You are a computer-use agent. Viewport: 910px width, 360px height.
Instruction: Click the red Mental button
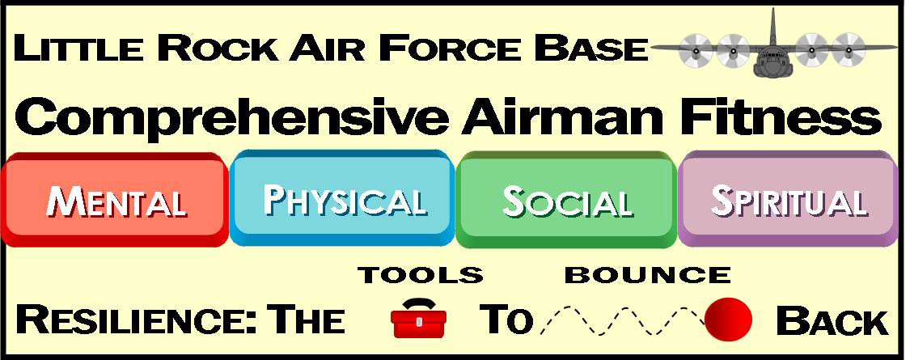click(114, 199)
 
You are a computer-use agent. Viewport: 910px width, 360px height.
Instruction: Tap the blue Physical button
click(342, 197)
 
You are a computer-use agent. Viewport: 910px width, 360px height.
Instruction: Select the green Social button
click(567, 199)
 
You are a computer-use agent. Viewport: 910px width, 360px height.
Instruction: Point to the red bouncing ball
click(728, 319)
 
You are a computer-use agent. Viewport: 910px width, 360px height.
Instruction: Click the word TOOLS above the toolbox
click(421, 275)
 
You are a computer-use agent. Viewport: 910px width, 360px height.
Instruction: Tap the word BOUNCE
click(648, 275)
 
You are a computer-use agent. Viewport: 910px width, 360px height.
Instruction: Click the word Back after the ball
click(832, 320)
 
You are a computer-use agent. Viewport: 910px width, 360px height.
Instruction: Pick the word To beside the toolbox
click(506, 320)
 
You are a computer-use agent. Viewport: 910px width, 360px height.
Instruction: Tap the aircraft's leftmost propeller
click(695, 50)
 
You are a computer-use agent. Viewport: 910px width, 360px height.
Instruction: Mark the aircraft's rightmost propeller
click(848, 50)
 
